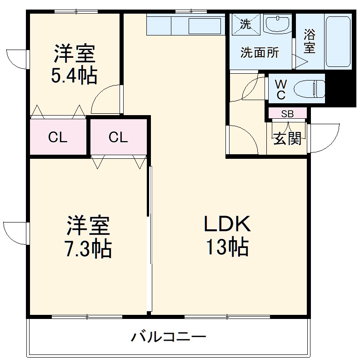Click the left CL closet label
pyautogui.click(x=58, y=137)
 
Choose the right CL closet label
pyautogui.click(x=118, y=137)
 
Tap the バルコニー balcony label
pyautogui.click(x=169, y=337)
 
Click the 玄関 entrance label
pyautogui.click(x=287, y=138)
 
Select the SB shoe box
pyautogui.click(x=287, y=114)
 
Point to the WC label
pyautogui.click(x=281, y=89)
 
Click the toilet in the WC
pyautogui.click(x=310, y=88)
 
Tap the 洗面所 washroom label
pyautogui.click(x=260, y=53)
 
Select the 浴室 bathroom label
pyautogui.click(x=310, y=41)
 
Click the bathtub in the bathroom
pyautogui.click(x=338, y=41)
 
